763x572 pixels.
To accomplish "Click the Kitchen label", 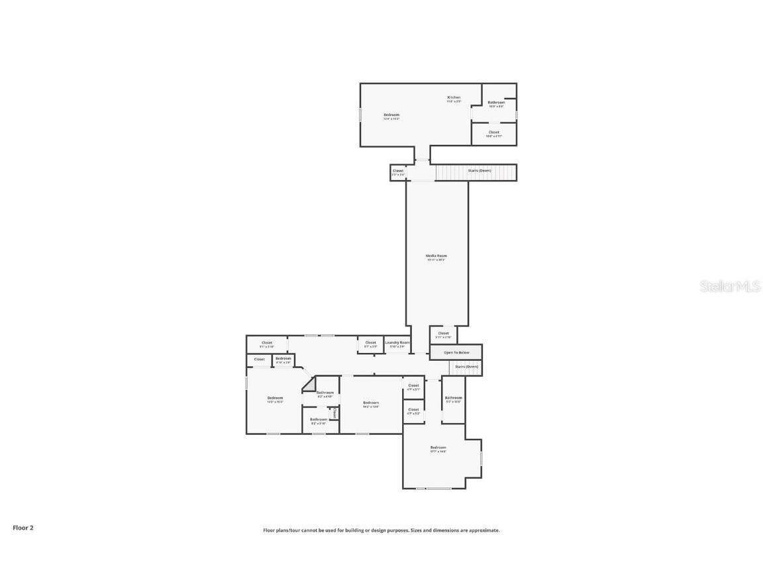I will pyautogui.click(x=454, y=97).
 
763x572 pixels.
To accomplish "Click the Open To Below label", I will pyautogui.click(x=456, y=352).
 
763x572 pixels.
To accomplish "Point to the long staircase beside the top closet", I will pyautogui.click(x=476, y=173).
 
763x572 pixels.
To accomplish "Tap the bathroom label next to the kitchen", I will pyautogui.click(x=496, y=103).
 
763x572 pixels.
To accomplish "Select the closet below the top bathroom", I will pyautogui.click(x=493, y=132).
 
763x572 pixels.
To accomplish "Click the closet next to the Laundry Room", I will pyautogui.click(x=370, y=343).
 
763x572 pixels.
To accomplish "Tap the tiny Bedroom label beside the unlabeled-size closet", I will pyautogui.click(x=283, y=359).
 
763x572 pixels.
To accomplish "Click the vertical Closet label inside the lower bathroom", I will pyautogui.click(x=335, y=413).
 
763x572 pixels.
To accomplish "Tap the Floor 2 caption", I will pyautogui.click(x=23, y=528).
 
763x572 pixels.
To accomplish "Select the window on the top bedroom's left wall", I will pyautogui.click(x=360, y=114).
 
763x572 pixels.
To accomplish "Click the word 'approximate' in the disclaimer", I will pyautogui.click(x=483, y=530).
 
